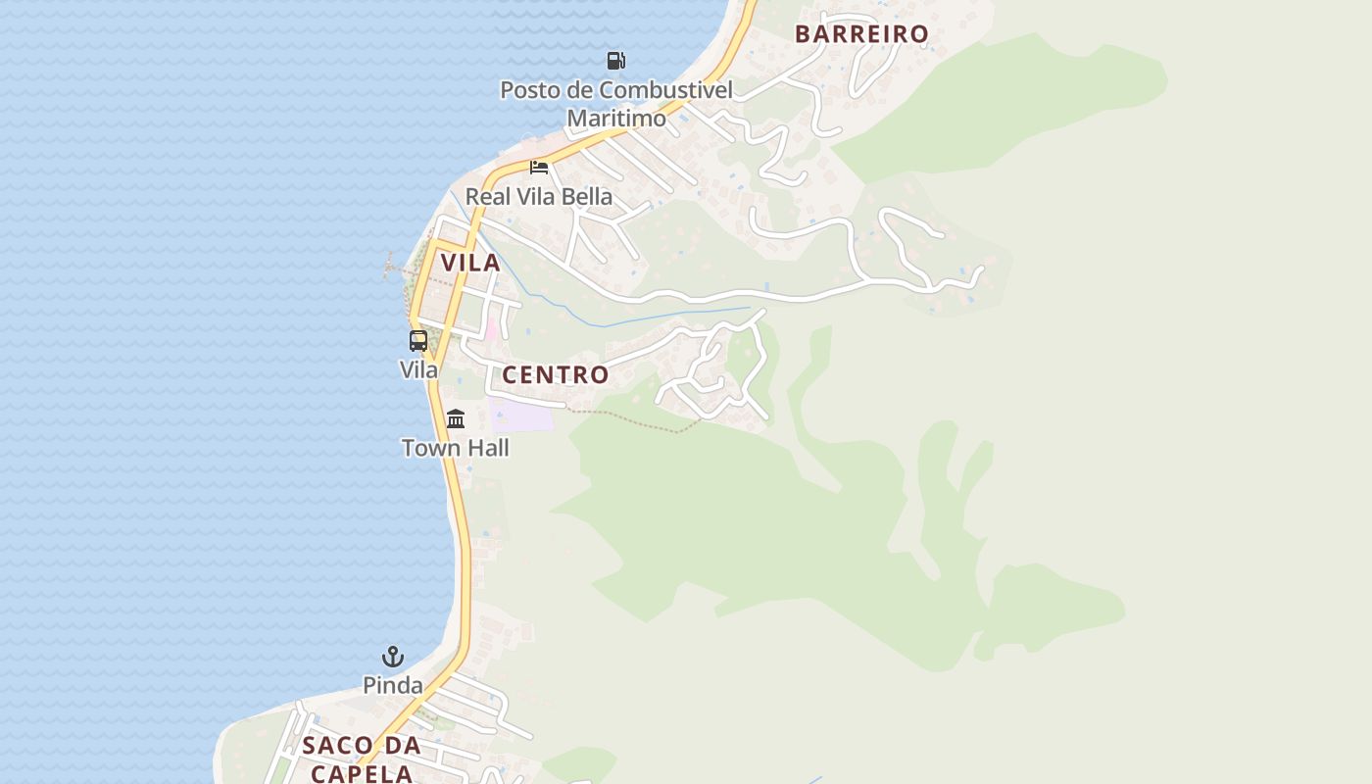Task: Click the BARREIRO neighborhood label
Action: click(x=861, y=34)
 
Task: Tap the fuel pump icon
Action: click(x=615, y=61)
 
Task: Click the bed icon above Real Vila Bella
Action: click(x=538, y=167)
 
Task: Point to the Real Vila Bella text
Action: click(x=538, y=197)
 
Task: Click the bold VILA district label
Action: click(x=470, y=263)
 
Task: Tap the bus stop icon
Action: click(x=418, y=341)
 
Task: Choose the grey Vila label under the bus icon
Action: click(x=418, y=370)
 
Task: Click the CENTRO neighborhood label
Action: click(x=556, y=374)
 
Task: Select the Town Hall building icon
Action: click(x=456, y=419)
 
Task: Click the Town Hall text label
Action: click(x=456, y=449)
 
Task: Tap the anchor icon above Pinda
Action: click(x=393, y=657)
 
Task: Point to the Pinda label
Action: click(x=393, y=686)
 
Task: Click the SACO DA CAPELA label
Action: click(x=362, y=759)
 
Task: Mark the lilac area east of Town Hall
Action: click(x=521, y=416)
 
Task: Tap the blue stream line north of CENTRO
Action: click(x=666, y=315)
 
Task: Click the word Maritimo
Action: click(x=616, y=119)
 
